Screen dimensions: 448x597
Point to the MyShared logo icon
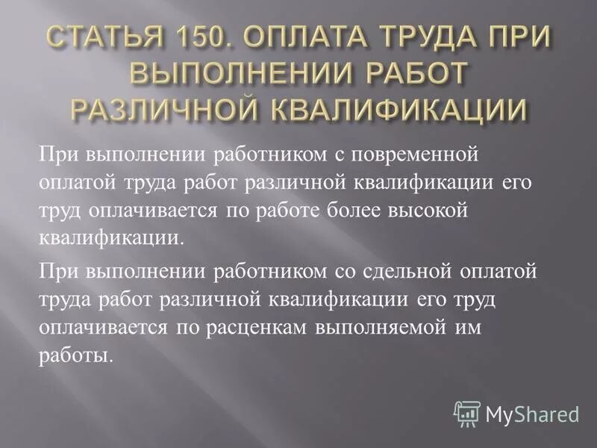coord(466,413)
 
